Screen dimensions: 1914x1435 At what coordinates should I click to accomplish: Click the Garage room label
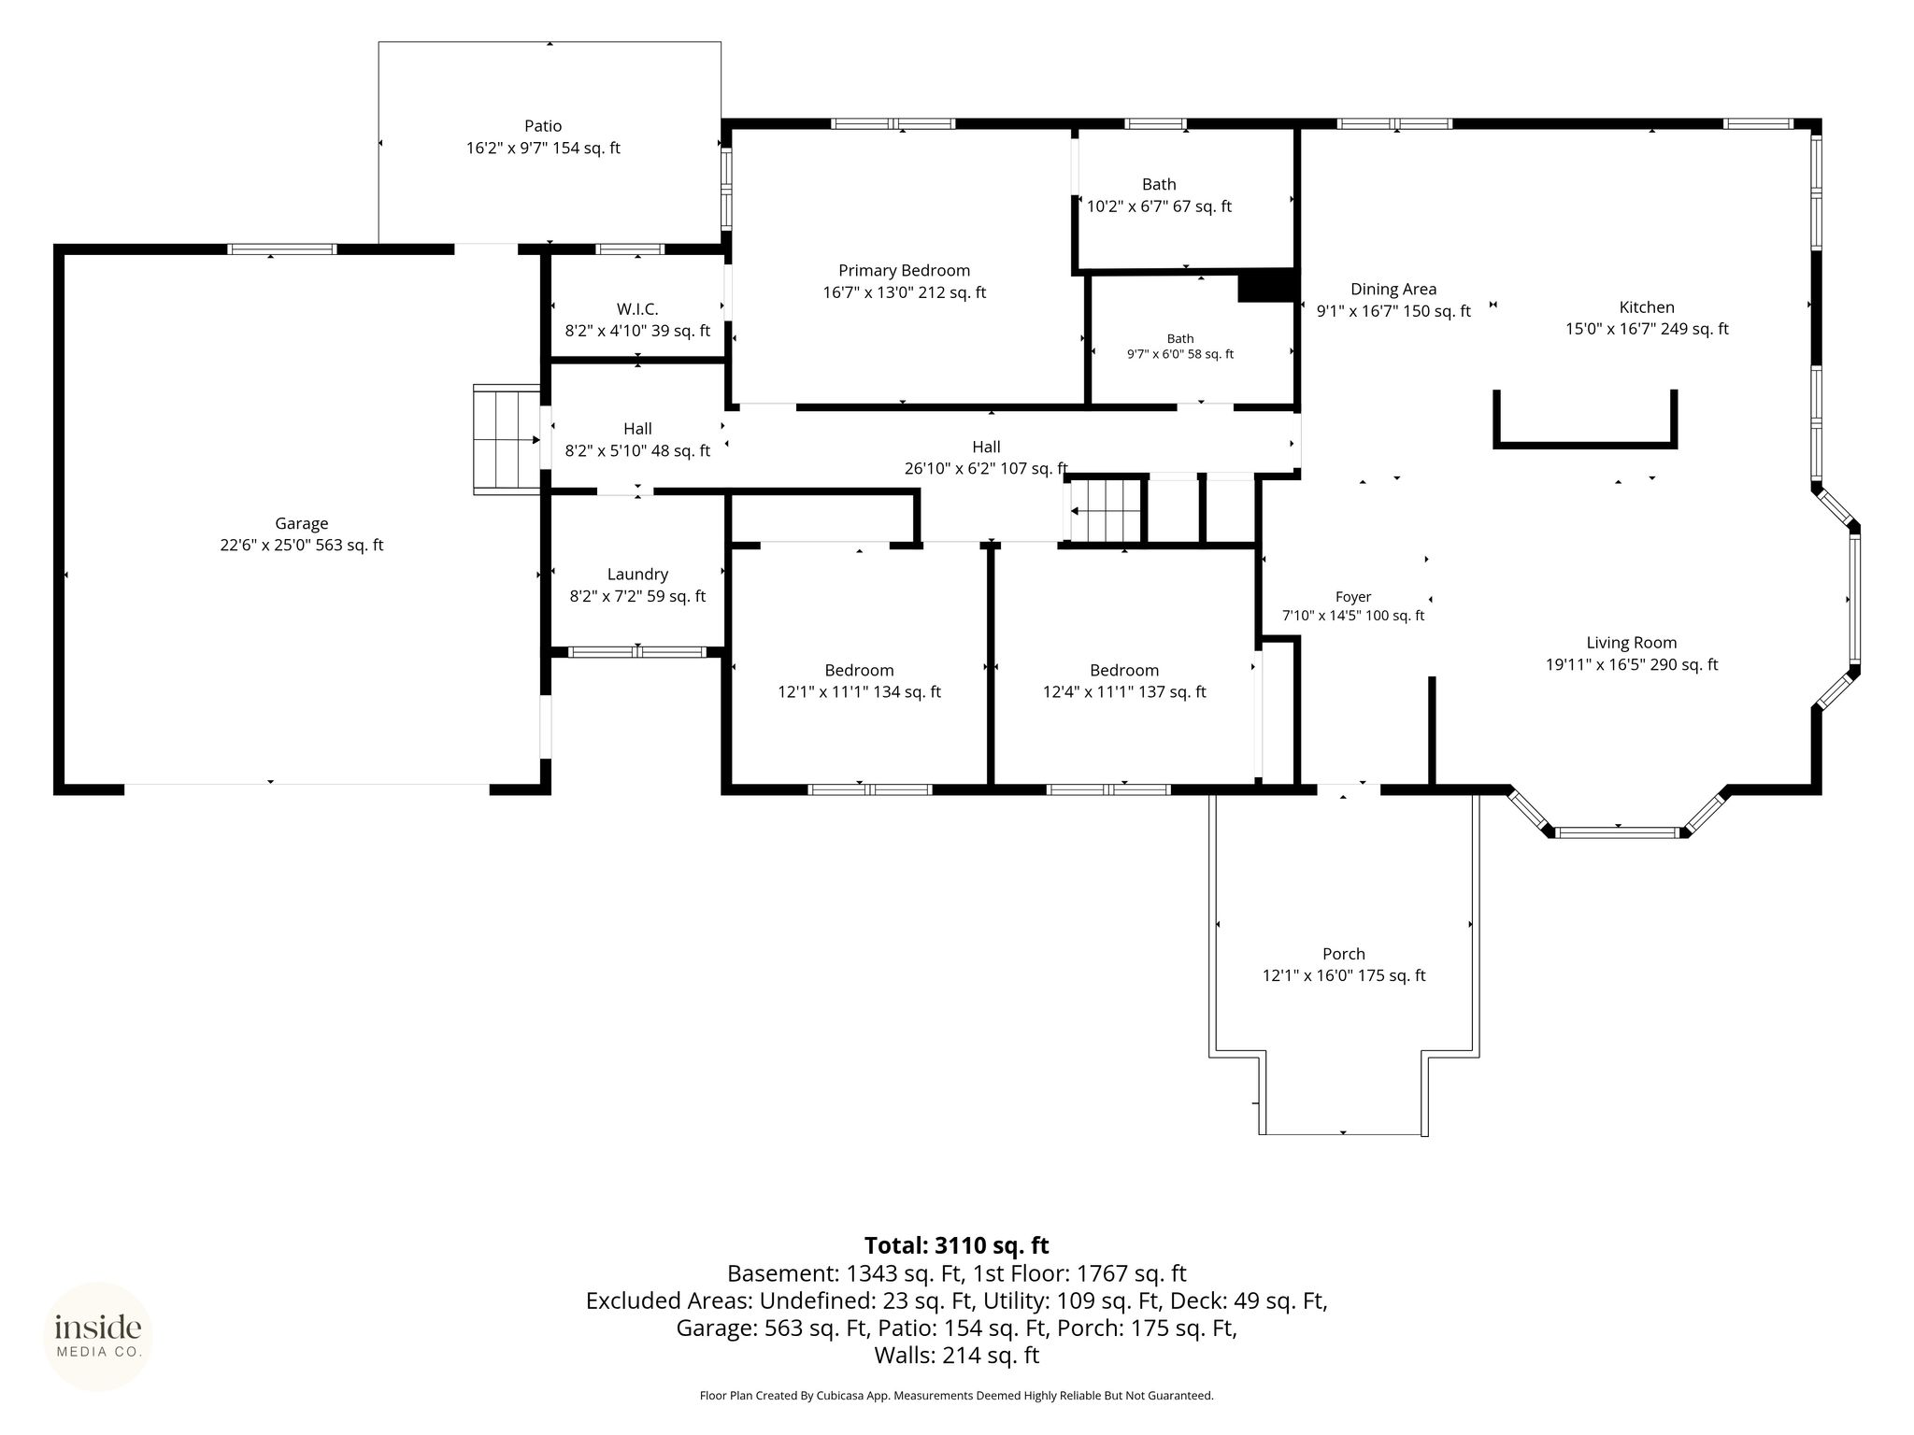tap(302, 523)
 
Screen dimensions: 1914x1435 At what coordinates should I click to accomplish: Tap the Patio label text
tap(543, 126)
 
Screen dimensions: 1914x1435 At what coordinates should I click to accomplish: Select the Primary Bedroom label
tap(904, 271)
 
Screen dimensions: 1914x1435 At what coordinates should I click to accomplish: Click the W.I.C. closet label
tap(637, 309)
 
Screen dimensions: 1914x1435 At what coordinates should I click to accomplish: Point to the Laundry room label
tap(637, 575)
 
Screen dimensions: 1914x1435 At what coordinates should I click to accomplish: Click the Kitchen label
tap(1647, 307)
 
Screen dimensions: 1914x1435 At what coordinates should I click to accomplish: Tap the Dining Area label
tap(1393, 290)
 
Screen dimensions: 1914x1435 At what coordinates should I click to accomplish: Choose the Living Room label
tap(1632, 643)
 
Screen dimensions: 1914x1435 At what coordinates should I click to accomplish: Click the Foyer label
tap(1353, 597)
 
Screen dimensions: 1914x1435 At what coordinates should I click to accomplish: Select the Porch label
tap(1344, 954)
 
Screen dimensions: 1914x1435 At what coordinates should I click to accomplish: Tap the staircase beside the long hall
tap(1107, 510)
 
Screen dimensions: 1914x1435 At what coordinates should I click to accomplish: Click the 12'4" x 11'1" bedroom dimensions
tap(1124, 692)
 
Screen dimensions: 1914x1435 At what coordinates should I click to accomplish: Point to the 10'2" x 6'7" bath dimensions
tap(1159, 206)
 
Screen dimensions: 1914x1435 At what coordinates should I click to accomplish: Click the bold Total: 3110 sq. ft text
tap(956, 1245)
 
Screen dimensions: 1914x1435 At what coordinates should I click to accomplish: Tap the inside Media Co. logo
tap(98, 1336)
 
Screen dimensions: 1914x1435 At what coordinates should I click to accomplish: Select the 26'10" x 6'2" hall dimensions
tap(986, 469)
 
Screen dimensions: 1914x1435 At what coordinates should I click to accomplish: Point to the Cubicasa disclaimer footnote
tap(956, 1396)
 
